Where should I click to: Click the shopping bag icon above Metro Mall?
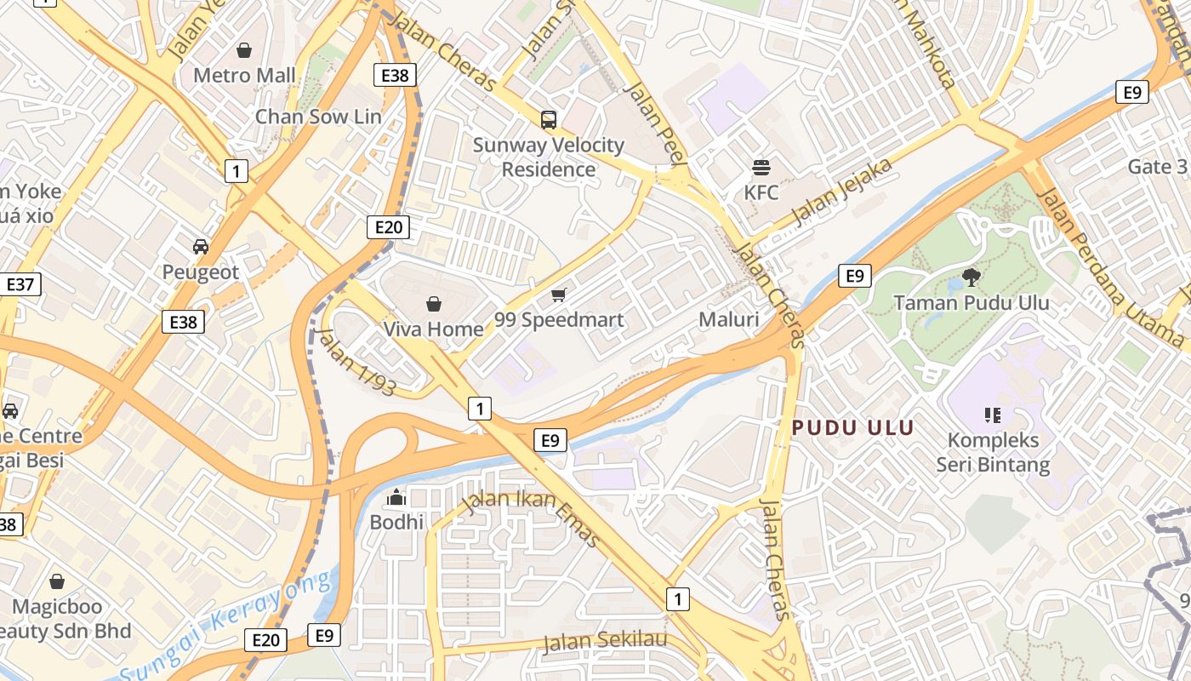244,51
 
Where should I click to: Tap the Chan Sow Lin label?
318,117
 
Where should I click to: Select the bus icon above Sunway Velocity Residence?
549,120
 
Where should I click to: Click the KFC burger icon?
761,167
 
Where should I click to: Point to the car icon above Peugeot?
201,247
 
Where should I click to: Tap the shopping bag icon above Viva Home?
434,304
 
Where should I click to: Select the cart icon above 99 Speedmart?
559,295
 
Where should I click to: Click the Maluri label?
728,320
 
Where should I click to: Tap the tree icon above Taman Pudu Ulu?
971,277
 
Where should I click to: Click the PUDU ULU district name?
852,428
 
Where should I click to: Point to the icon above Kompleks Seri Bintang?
992,415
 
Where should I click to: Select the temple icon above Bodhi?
396,497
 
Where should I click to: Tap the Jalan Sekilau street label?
604,640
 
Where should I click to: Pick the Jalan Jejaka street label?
841,192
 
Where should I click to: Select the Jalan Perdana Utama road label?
1111,264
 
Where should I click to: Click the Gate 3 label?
1157,167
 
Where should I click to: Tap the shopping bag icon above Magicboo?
57,582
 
